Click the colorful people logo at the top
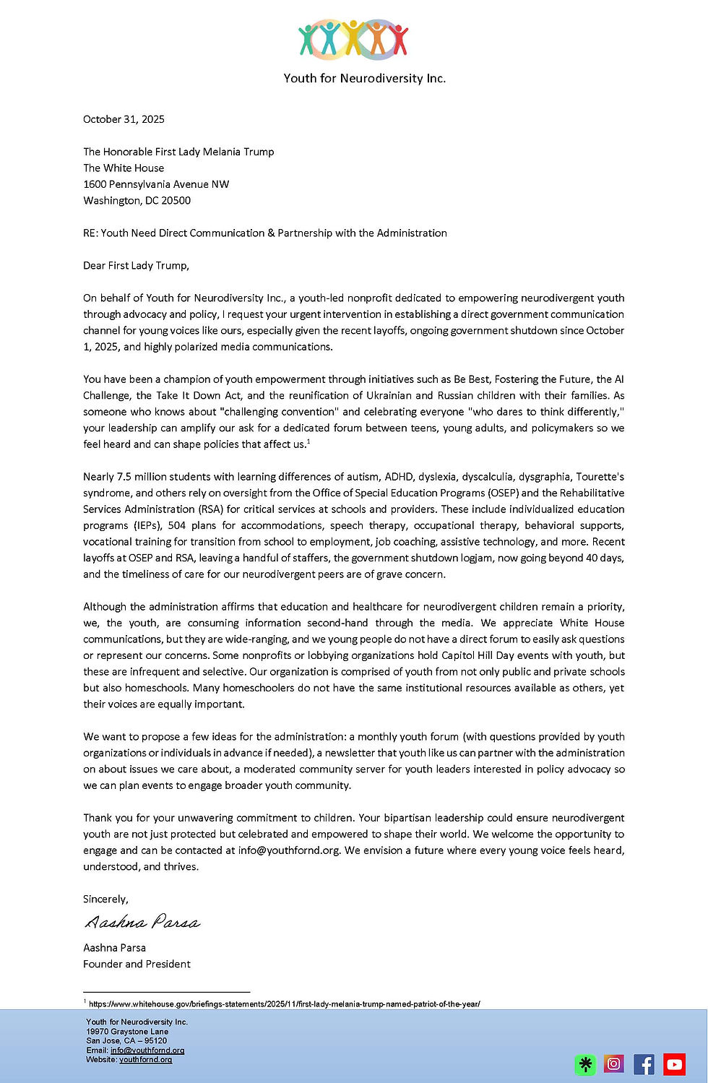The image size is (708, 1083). point(353,39)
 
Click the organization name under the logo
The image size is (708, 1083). point(364,78)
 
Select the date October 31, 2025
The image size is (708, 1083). point(124,119)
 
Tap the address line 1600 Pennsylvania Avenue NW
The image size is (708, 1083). point(156,184)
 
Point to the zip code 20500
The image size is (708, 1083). point(176,201)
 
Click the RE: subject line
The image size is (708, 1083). point(264,233)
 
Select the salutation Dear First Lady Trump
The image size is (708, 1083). point(136,266)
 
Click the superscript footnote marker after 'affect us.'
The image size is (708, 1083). point(308,441)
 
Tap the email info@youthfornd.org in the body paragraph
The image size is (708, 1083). point(288,850)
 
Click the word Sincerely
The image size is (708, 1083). point(105,899)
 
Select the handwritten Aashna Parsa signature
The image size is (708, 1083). point(142,923)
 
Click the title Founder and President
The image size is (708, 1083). point(137,965)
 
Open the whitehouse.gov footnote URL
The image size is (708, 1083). point(284,1004)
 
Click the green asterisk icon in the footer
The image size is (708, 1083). point(585,1064)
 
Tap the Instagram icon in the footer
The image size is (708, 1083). point(614,1063)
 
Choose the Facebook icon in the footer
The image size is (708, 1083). point(644,1063)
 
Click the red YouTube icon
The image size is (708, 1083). point(674,1063)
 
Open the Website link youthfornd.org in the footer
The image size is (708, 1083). point(145,1060)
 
